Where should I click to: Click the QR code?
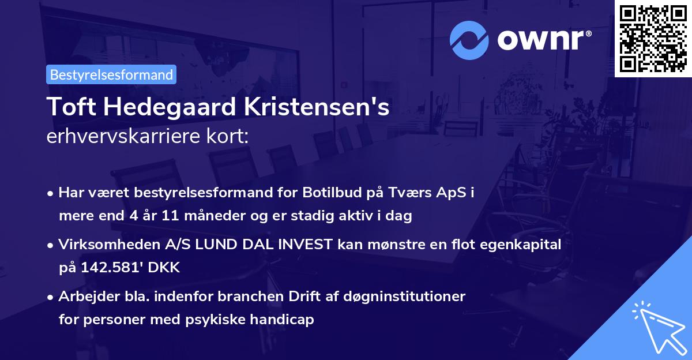tap(653, 39)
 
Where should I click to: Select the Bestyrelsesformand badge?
tap(111, 74)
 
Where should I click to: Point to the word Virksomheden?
tap(101, 244)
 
